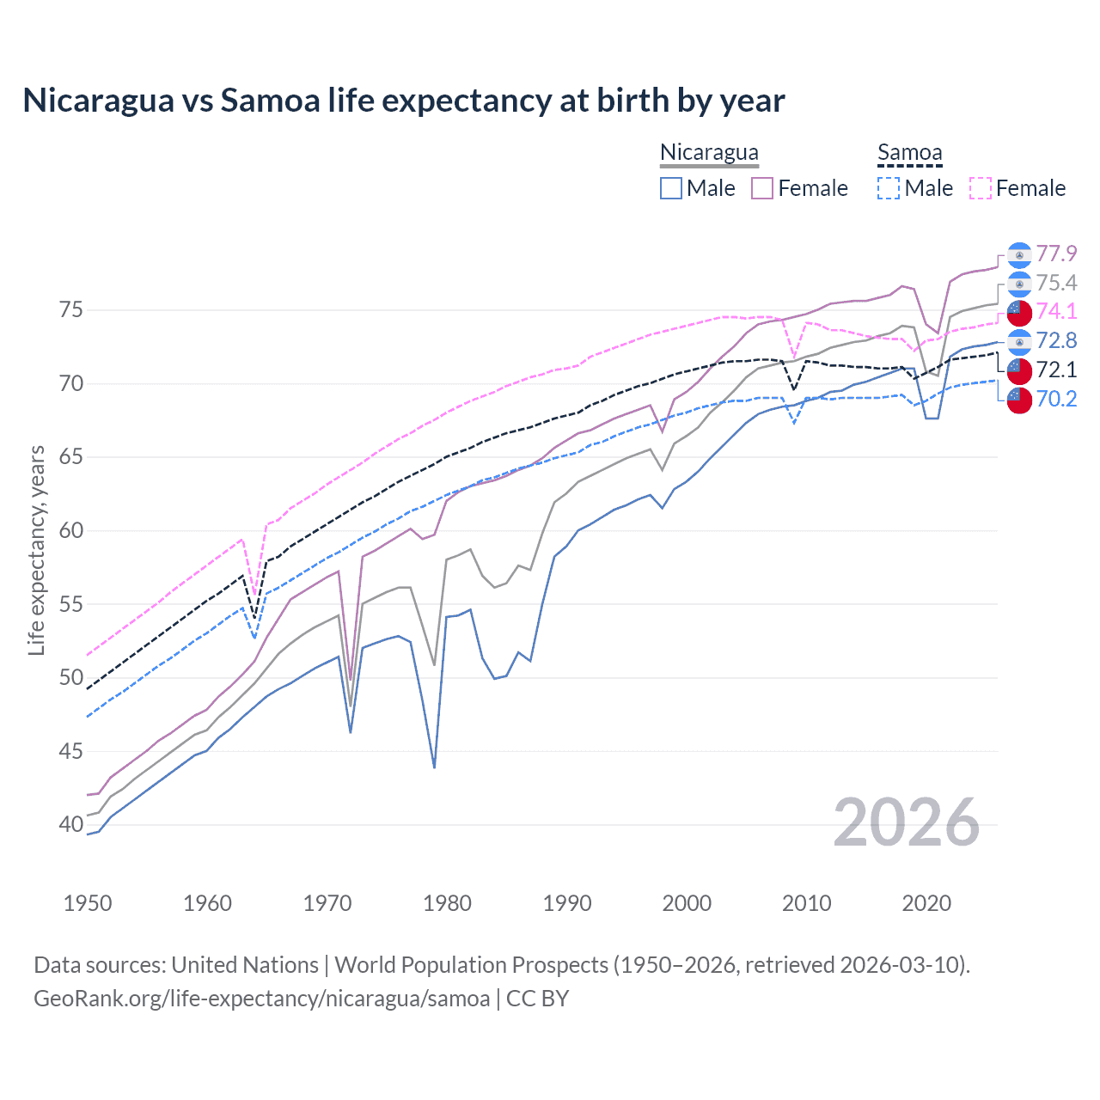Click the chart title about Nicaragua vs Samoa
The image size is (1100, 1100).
pos(403,101)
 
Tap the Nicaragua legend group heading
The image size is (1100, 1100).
pos(709,153)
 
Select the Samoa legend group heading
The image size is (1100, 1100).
pos(909,153)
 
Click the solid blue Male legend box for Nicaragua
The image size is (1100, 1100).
pos(671,188)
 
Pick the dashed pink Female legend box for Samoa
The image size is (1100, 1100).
pos(981,188)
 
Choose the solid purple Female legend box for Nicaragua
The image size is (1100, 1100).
pos(762,188)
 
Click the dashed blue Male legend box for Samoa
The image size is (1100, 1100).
pos(889,188)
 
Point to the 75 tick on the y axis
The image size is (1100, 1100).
pos(71,309)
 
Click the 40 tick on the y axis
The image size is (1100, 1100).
pos(71,824)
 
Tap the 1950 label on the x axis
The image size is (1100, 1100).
pos(88,903)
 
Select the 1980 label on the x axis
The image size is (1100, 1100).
pos(447,903)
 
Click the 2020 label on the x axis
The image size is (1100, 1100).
pos(926,903)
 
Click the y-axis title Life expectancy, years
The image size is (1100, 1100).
pos(36,550)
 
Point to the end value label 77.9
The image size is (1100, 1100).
pos(1056,254)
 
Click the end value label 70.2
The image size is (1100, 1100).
pos(1056,399)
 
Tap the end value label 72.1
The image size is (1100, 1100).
pos(1056,370)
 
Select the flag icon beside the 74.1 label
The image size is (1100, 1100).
pos(1019,312)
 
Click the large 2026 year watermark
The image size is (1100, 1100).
pos(907,822)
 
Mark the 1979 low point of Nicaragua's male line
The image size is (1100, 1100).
pos(435,767)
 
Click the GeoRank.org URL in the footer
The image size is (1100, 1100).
pos(261,999)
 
